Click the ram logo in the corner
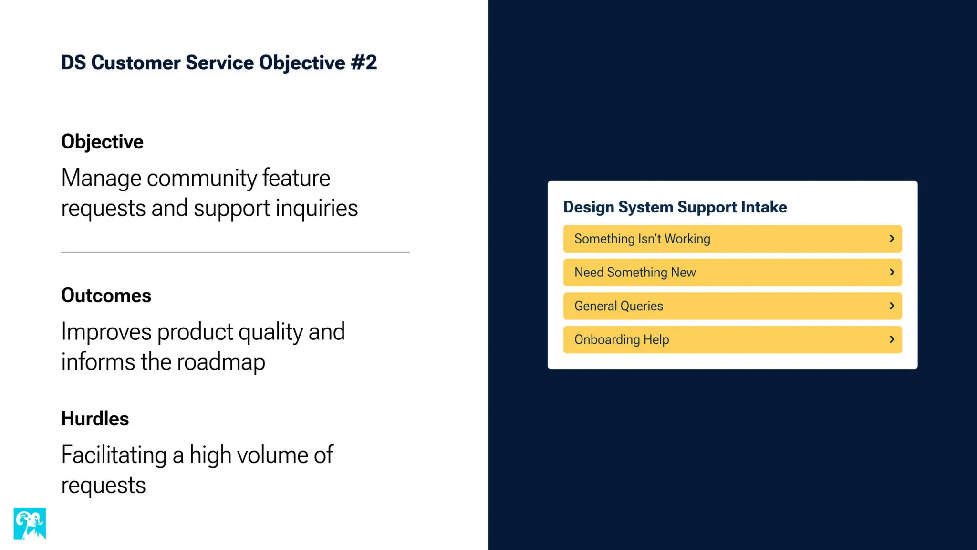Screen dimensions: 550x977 point(30,523)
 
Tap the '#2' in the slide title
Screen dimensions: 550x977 point(364,63)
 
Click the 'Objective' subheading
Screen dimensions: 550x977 point(102,142)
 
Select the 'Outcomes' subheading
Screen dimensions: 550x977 point(106,296)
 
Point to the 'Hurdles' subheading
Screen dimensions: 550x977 point(95,419)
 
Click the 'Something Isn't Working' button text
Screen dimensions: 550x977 point(642,239)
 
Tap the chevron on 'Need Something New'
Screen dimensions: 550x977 point(892,272)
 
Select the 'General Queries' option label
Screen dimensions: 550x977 point(618,306)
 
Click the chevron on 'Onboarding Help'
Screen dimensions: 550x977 point(892,339)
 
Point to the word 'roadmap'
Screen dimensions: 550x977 point(221,362)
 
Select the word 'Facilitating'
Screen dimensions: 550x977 point(114,455)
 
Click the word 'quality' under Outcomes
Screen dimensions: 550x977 point(270,332)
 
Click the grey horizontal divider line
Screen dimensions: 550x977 point(235,252)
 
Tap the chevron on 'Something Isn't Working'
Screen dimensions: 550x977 point(892,239)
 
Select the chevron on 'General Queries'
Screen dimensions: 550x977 point(892,306)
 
